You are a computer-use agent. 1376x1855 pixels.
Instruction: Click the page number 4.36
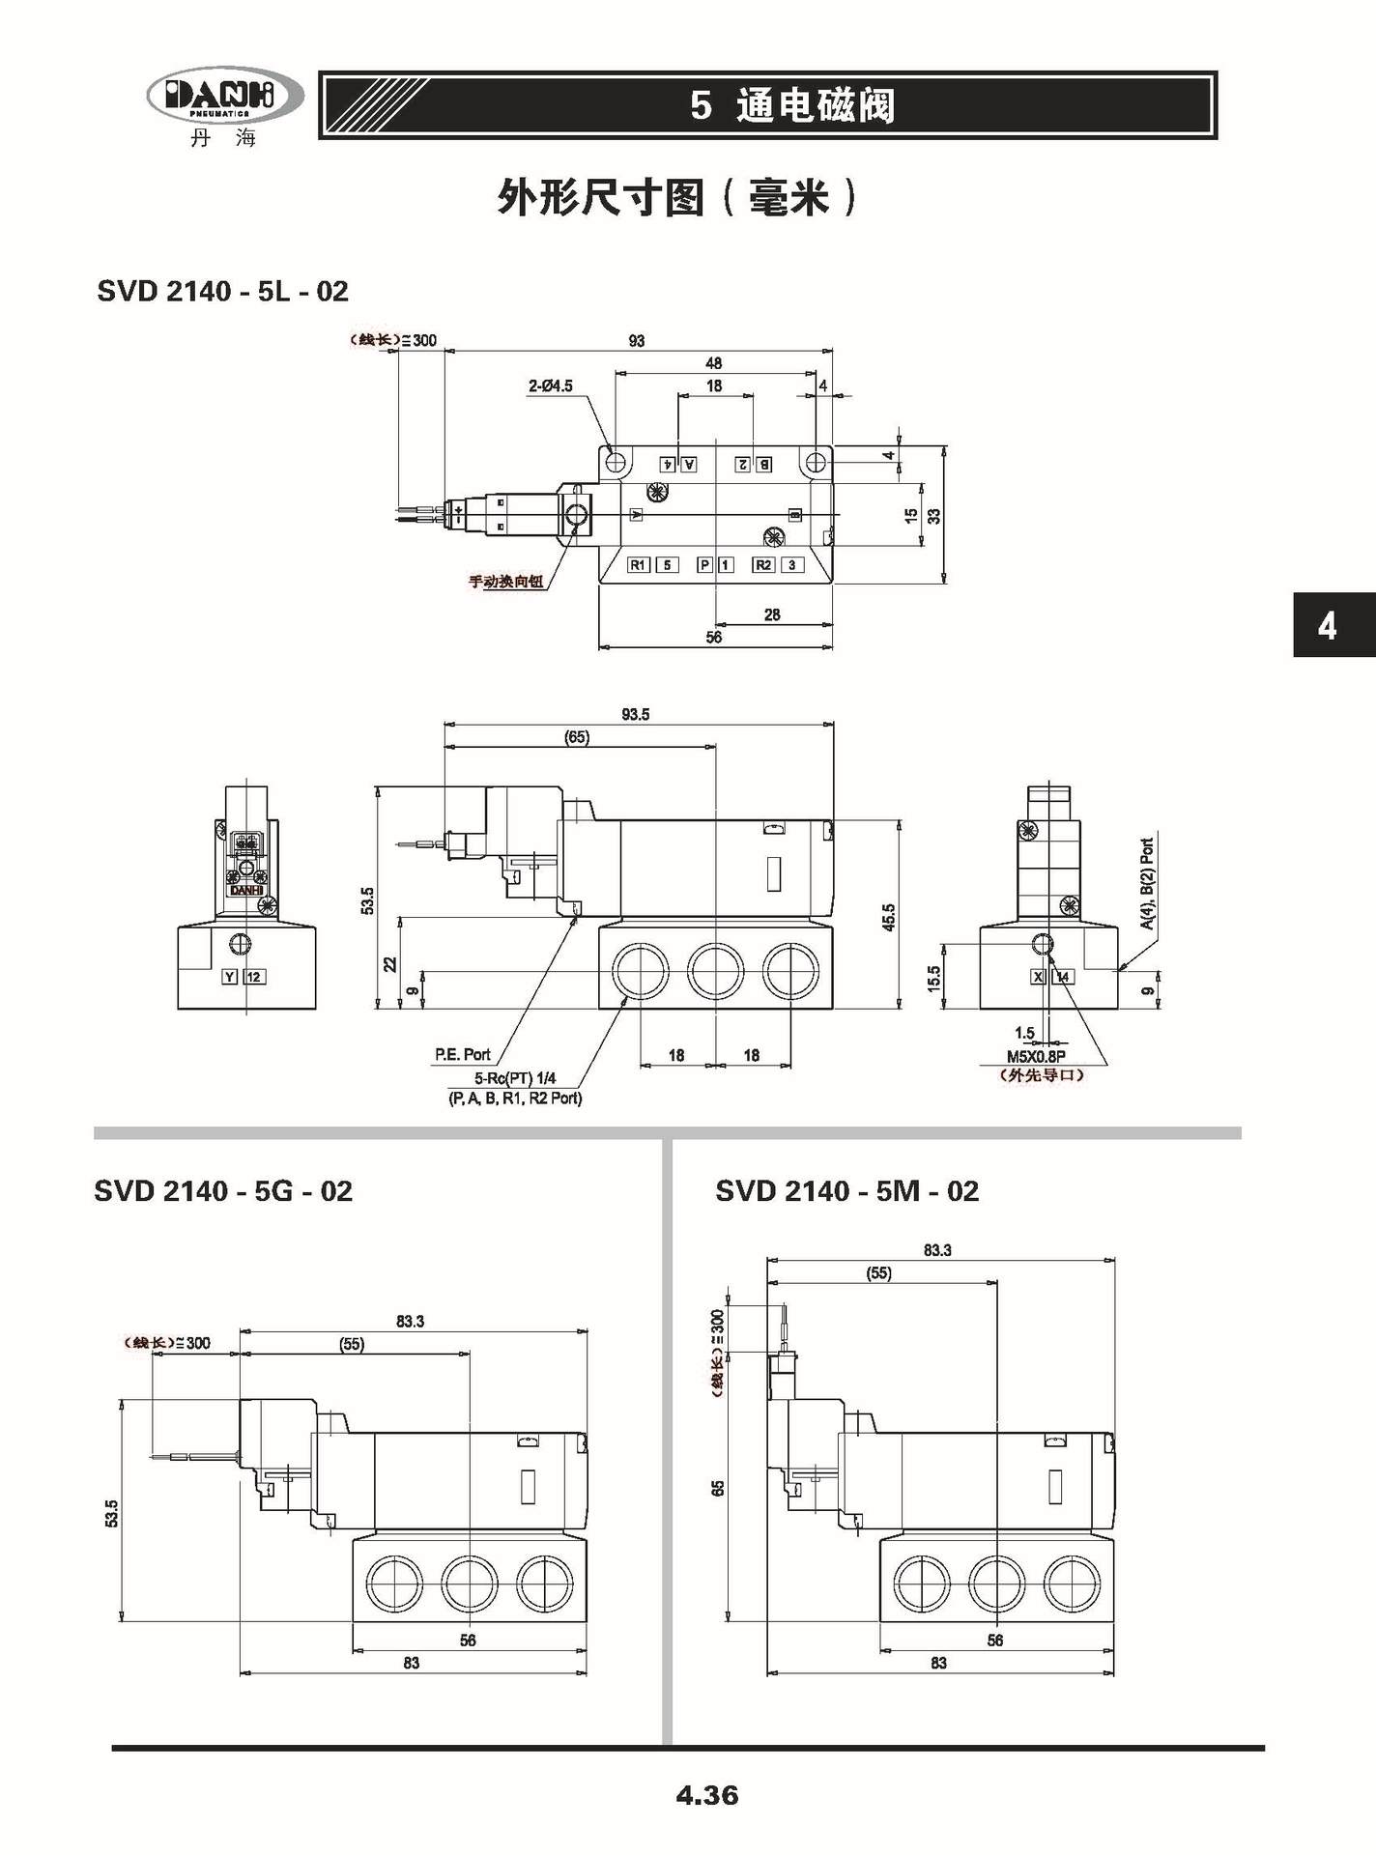click(707, 1795)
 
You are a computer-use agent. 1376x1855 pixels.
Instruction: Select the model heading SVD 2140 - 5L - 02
click(222, 291)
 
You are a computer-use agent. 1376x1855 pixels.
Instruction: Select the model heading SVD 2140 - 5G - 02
click(222, 1190)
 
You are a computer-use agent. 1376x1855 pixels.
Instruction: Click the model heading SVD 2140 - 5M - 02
click(846, 1190)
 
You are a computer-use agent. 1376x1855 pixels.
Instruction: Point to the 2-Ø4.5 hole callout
click(550, 385)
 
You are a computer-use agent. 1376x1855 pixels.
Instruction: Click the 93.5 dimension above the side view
click(635, 715)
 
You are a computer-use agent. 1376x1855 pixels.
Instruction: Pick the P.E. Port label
click(463, 1054)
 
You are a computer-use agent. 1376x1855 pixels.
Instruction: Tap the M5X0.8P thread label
click(1036, 1057)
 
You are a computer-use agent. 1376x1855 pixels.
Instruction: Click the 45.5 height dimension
click(889, 918)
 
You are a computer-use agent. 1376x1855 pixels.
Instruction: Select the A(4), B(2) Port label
click(1147, 884)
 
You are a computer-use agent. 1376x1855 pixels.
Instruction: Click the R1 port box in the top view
click(639, 565)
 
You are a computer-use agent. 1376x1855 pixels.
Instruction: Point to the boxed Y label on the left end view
click(230, 977)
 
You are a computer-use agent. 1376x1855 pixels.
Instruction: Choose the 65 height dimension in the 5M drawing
click(718, 1489)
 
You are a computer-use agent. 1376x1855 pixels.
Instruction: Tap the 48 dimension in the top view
click(714, 363)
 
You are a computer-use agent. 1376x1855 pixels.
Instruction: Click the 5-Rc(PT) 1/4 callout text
click(515, 1079)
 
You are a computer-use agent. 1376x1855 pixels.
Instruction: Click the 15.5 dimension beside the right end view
click(933, 978)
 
